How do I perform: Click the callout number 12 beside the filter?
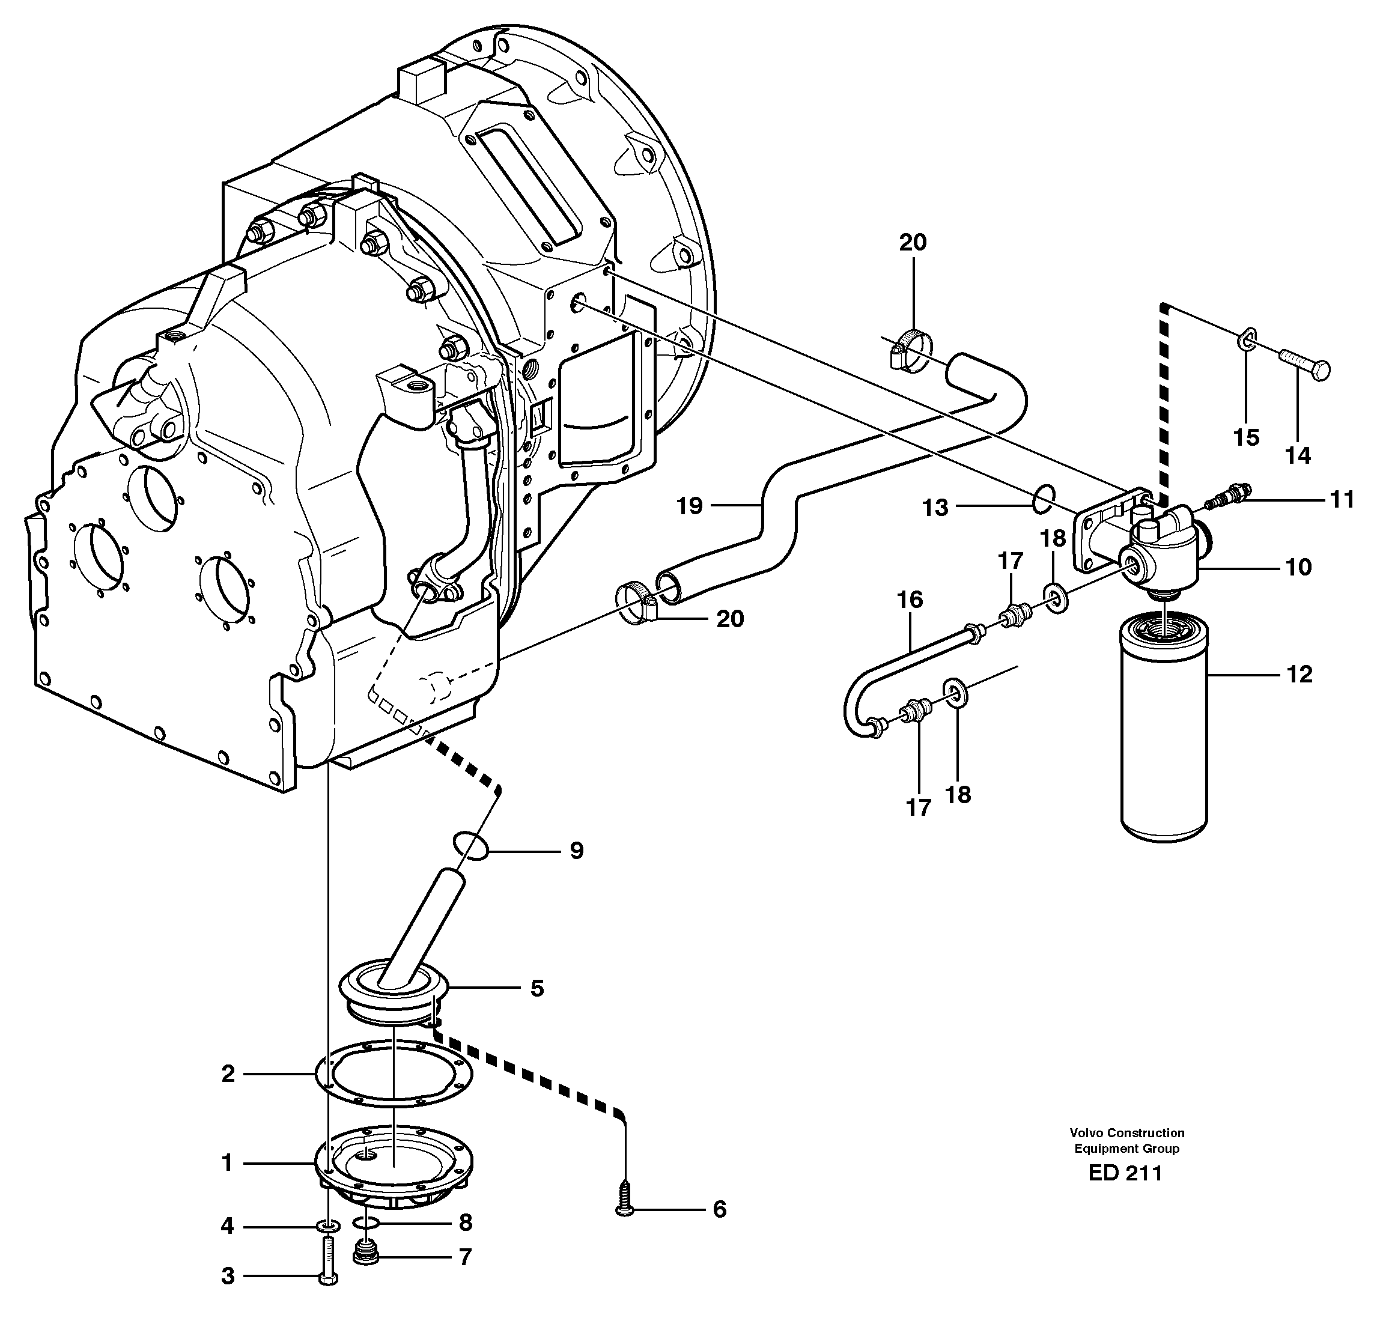pyautogui.click(x=1299, y=675)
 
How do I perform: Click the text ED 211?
pyautogui.click(x=1125, y=1173)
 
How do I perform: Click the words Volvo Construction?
pyautogui.click(x=1126, y=1133)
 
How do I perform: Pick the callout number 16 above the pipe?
pyautogui.click(x=911, y=600)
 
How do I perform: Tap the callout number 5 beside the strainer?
pyautogui.click(x=537, y=988)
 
